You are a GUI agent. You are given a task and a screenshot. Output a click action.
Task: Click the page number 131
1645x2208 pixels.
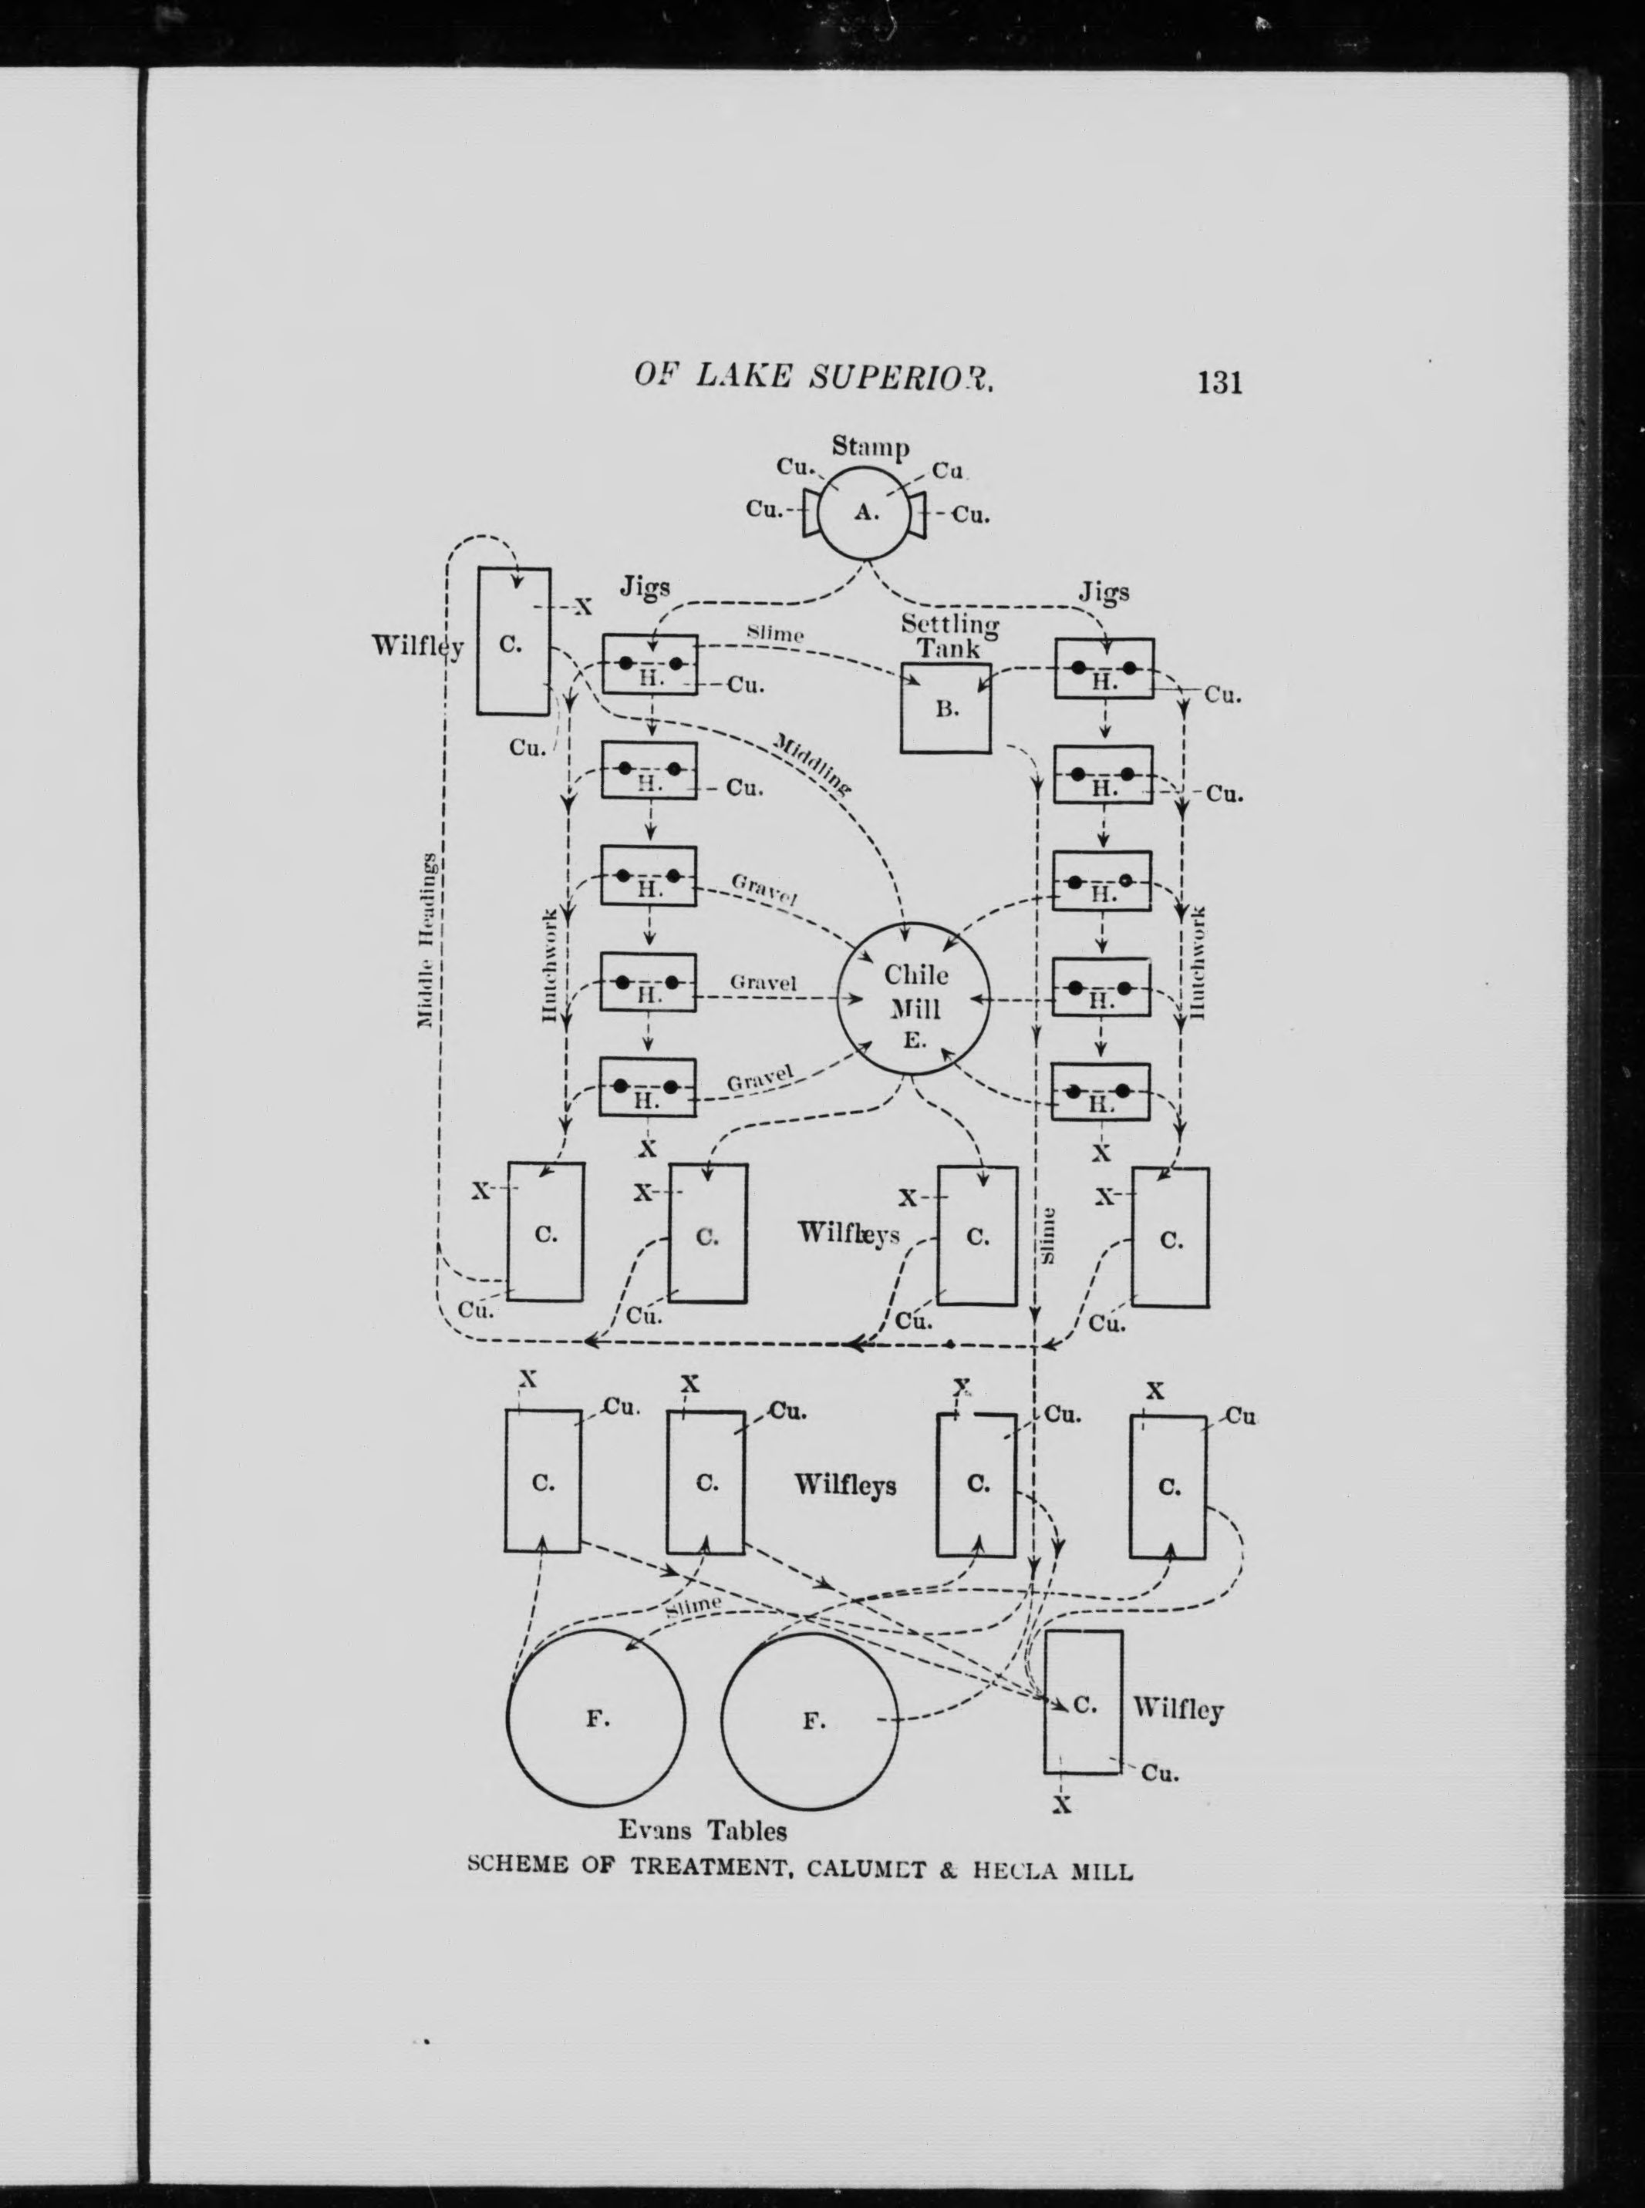tap(1220, 382)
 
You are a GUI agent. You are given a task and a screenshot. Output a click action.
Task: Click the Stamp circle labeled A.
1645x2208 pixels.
tap(865, 513)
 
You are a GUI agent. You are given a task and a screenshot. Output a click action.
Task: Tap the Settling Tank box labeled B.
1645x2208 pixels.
tap(945, 709)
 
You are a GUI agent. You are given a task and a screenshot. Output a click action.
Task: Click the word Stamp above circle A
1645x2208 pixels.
tap(870, 447)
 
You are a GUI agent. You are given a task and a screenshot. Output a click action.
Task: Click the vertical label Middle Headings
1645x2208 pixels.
tap(426, 940)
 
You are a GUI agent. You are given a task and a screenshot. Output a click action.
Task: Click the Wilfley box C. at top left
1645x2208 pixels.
tap(513, 642)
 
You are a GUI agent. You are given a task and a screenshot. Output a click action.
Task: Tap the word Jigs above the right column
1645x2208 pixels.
tap(1104, 592)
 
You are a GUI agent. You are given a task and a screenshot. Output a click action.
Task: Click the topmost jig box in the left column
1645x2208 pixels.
tap(649, 664)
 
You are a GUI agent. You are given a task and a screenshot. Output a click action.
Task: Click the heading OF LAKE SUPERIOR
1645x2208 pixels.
tap(814, 377)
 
